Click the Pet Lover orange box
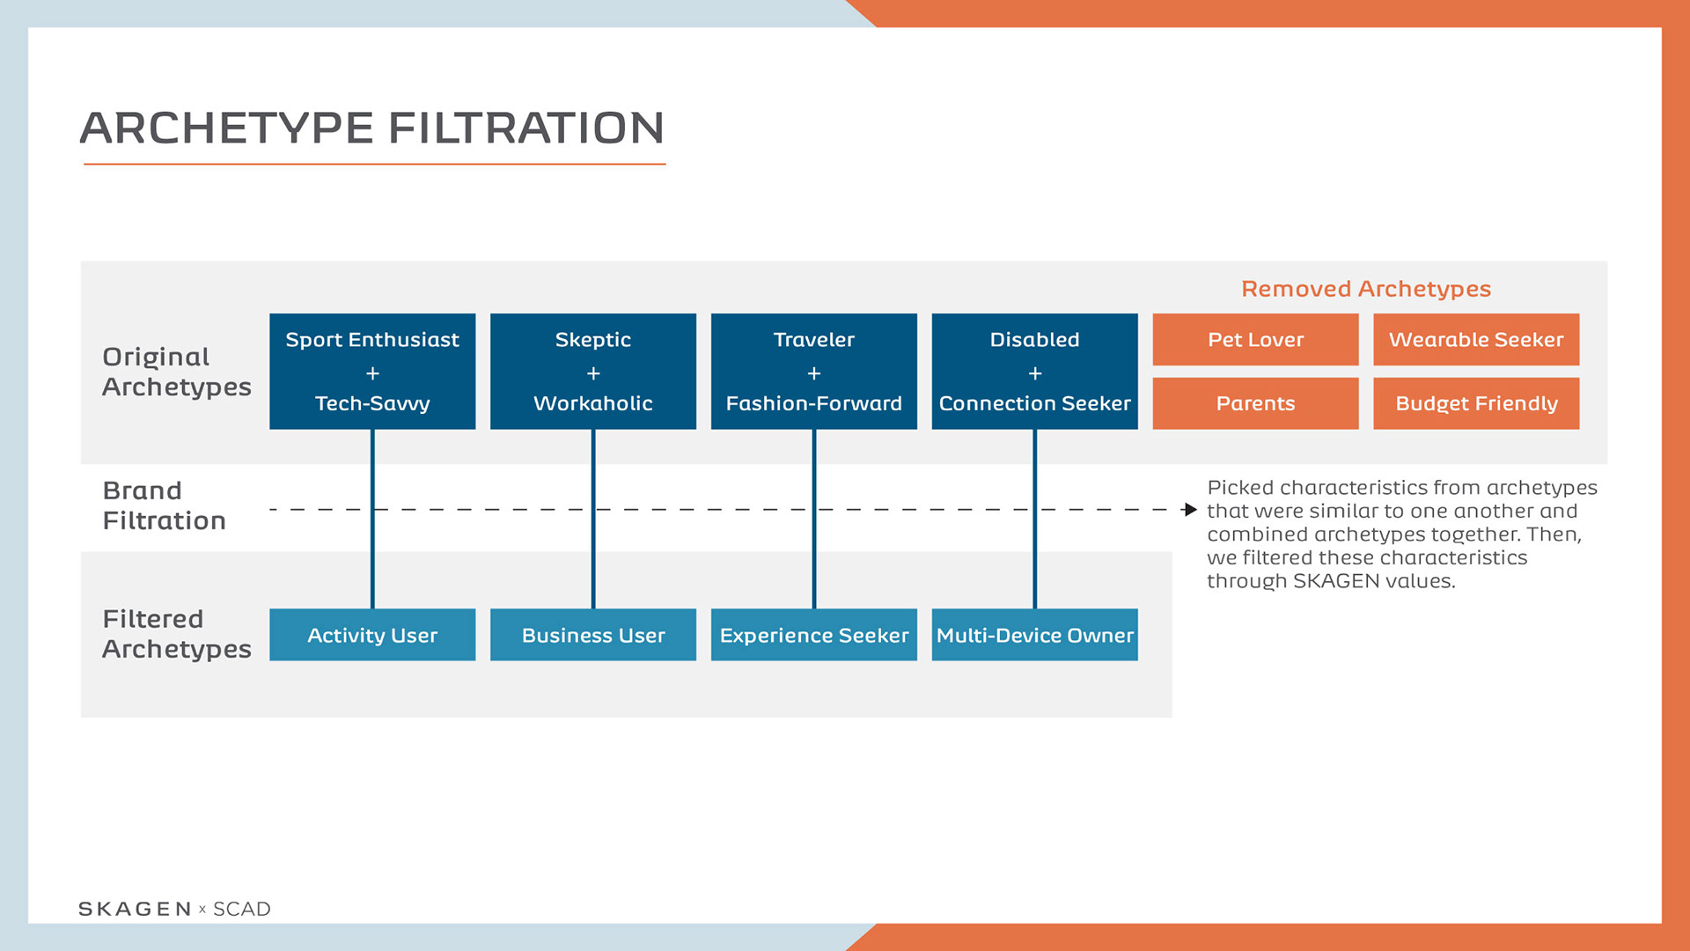[1255, 340]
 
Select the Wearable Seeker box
[1476, 340]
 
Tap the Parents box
[1255, 403]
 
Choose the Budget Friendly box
[1476, 403]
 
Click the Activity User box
[372, 635]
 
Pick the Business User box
[593, 635]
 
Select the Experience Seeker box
[814, 635]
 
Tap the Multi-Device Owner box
[1034, 635]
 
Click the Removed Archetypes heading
[1366, 289]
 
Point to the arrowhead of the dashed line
[1191, 510]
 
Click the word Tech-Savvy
[372, 403]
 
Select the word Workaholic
[593, 403]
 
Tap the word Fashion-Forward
[814, 403]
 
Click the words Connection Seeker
[1034, 403]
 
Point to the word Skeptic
[593, 340]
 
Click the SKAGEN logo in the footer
[135, 909]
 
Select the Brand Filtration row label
[164, 505]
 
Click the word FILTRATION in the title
[526, 129]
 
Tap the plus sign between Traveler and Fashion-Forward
[814, 373]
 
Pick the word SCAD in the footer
[242, 909]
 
